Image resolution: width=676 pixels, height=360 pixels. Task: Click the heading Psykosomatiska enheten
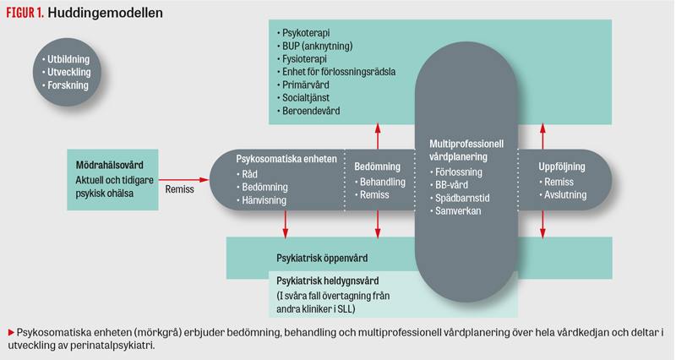pyautogui.click(x=286, y=158)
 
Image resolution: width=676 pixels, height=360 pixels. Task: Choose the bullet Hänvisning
pyautogui.click(x=264, y=200)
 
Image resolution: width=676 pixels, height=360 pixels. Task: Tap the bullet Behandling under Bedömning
pyautogui.click(x=382, y=182)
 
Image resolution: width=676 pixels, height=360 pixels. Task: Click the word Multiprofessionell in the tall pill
pyautogui.click(x=466, y=144)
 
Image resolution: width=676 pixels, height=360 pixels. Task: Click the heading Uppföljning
pyautogui.click(x=562, y=166)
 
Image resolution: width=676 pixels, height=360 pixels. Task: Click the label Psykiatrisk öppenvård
pyautogui.click(x=323, y=257)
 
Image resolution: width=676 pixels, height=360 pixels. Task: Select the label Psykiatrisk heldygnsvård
pyautogui.click(x=327, y=280)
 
